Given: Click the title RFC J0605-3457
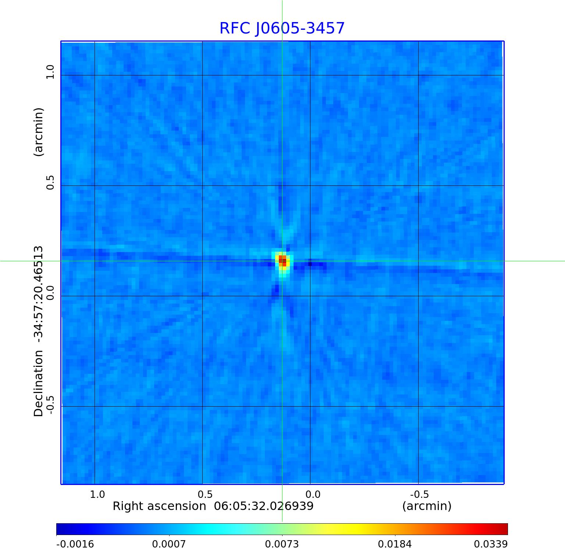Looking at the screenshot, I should coord(282,28).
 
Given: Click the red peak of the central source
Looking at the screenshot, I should coord(282,261).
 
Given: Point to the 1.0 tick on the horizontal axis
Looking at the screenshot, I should coord(97,494).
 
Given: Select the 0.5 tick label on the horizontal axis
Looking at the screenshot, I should coord(205,494).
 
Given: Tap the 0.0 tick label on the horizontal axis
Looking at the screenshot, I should coord(313,494).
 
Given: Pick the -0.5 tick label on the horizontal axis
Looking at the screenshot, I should coord(419,494).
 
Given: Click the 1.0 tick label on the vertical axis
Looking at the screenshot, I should coord(50,72).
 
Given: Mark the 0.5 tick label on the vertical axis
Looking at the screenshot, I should coord(50,183).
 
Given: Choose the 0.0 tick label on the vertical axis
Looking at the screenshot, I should coord(50,293).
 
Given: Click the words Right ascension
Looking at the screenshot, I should coord(159,506).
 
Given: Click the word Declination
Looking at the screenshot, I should coord(39,383).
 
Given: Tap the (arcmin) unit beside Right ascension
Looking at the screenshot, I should coord(427,506).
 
